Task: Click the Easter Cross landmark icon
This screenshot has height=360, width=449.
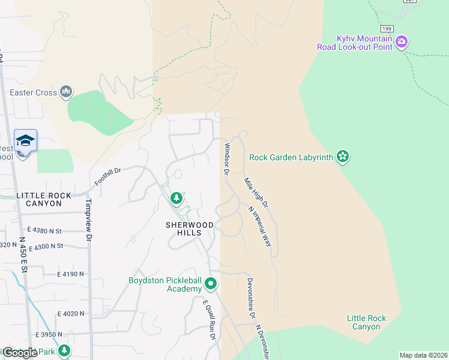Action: point(66,92)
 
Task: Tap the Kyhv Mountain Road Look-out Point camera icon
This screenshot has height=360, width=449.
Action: point(402,42)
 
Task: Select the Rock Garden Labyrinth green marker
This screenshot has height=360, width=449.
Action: point(343,157)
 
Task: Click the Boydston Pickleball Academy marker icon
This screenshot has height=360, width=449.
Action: point(210,283)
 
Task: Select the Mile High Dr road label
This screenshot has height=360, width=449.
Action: point(256,193)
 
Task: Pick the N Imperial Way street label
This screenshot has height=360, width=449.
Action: point(261,226)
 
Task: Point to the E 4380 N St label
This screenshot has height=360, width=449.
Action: point(45,230)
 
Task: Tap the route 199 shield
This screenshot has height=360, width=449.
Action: point(386,28)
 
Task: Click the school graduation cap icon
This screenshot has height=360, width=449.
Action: point(25,140)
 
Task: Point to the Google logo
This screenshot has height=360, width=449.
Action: point(19,353)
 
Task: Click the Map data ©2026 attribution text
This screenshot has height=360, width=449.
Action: point(423,355)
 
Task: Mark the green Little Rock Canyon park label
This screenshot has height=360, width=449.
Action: point(366,322)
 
